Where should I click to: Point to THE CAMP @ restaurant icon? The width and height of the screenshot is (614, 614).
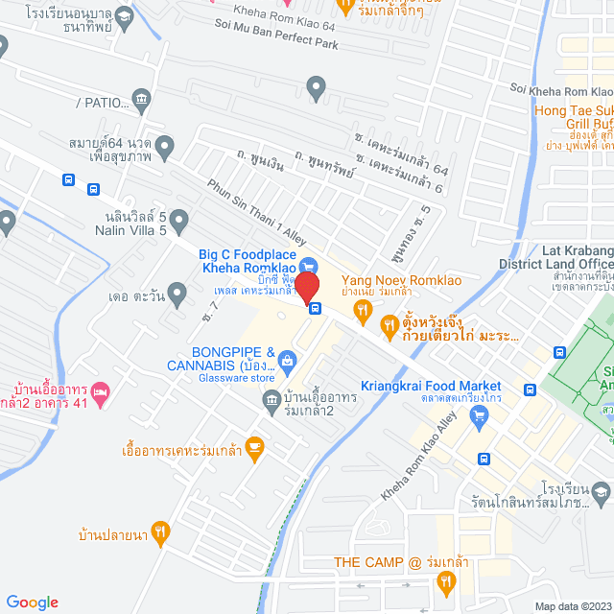tap(445, 580)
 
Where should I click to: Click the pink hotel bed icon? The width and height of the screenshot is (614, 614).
tap(100, 393)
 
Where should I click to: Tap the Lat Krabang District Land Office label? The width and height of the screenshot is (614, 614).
tap(555, 257)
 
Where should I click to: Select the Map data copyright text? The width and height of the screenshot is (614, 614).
tap(572, 606)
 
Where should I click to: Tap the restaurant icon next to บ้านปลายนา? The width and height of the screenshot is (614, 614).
tap(161, 530)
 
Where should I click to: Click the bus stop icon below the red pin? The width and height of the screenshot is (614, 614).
tap(315, 308)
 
